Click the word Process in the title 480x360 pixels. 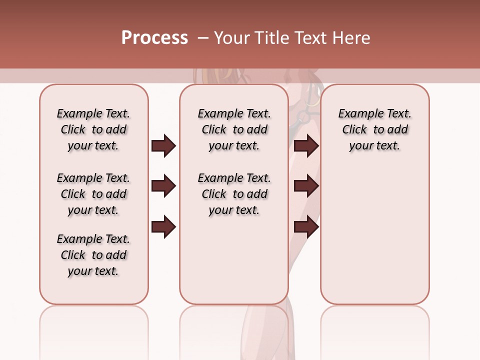click(154, 38)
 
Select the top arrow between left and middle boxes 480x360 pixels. click(163, 146)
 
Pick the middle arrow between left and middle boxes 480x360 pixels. click(163, 186)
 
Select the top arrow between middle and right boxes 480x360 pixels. click(306, 146)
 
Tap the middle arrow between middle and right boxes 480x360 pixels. click(306, 186)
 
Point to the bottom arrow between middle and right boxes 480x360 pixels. click(306, 227)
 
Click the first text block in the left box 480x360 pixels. click(93, 129)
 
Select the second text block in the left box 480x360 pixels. click(93, 194)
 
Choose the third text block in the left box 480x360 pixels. click(93, 255)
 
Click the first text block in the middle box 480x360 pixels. click(234, 129)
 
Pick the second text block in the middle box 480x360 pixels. click(234, 194)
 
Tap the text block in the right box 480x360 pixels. click(374, 129)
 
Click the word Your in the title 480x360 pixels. click(231, 38)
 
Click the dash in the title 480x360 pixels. click(202, 38)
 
